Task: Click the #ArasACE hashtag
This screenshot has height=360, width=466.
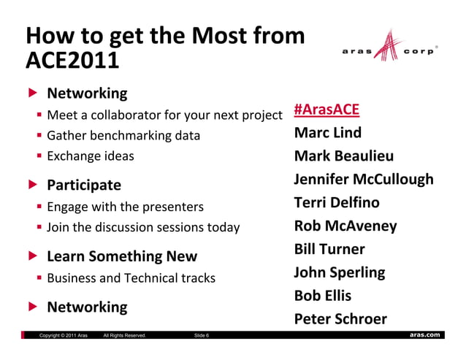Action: click(x=326, y=110)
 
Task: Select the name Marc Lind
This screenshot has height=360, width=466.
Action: click(x=327, y=133)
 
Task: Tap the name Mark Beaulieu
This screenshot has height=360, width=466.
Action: click(x=343, y=156)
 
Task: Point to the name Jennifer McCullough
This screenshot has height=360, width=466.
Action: click(x=363, y=180)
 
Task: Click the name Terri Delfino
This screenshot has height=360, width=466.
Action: click(x=336, y=202)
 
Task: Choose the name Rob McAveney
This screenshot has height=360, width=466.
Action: click(x=345, y=226)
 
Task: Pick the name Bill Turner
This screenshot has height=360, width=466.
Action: click(x=329, y=249)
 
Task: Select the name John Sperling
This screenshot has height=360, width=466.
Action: click(x=339, y=272)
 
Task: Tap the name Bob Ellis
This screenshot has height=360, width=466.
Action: click(x=322, y=296)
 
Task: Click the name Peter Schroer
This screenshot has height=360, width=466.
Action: click(x=340, y=319)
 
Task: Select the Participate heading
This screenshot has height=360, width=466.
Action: click(x=84, y=185)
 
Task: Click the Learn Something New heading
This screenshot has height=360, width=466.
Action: click(x=122, y=256)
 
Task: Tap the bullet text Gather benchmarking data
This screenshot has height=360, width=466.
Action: click(x=123, y=135)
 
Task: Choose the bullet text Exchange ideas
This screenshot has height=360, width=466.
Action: click(x=90, y=156)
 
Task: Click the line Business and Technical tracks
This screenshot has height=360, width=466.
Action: click(x=131, y=278)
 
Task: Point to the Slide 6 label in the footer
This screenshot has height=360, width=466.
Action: click(x=202, y=336)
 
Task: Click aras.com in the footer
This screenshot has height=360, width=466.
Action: click(x=425, y=335)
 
